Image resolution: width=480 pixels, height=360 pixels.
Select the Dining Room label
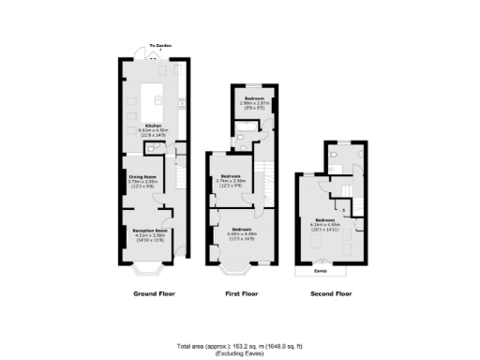pyautogui.click(x=142, y=177)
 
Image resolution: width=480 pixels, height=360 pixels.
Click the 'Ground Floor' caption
pyautogui.click(x=153, y=294)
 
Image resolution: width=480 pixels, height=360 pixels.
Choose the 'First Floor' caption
pyautogui.click(x=242, y=294)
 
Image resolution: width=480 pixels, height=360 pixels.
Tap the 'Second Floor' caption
pyautogui.click(x=330, y=294)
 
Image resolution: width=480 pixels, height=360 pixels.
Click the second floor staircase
pyautogui.click(x=344, y=193)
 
